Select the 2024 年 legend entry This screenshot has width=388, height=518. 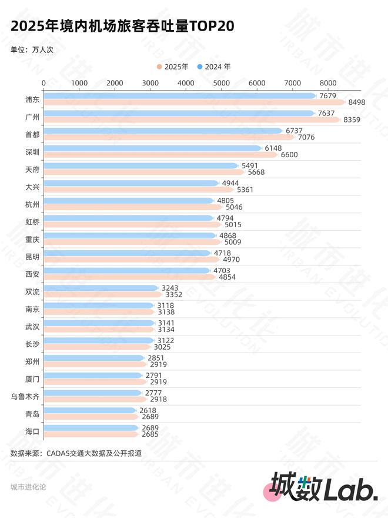point(215,67)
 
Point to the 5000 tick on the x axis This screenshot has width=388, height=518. point(221,82)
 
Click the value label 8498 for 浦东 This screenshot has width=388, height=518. point(357,102)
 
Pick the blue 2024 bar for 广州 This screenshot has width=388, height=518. point(179,113)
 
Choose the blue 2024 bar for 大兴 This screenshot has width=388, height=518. point(131,183)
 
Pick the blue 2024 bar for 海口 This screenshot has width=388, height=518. point(92,428)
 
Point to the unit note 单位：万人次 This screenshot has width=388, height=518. point(32,49)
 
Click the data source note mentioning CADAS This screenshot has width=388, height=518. point(76,453)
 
